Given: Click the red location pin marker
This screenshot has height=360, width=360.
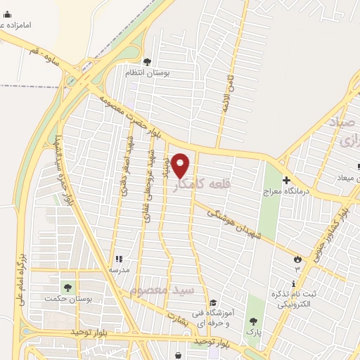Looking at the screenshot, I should (x=181, y=164).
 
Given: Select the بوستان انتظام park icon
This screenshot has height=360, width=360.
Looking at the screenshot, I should (x=147, y=61).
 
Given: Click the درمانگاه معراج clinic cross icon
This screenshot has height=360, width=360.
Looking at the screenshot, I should (x=285, y=179).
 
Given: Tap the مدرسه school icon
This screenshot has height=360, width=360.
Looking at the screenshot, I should (x=118, y=259).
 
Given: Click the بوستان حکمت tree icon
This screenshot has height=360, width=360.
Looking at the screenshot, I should (x=67, y=288).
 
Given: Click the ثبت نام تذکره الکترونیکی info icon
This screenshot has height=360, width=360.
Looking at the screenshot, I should (x=294, y=283).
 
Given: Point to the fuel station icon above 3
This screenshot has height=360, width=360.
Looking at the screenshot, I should (x=297, y=259).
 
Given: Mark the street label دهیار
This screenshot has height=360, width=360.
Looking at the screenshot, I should (x=167, y=167).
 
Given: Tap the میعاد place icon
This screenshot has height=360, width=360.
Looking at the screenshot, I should (x=359, y=167).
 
